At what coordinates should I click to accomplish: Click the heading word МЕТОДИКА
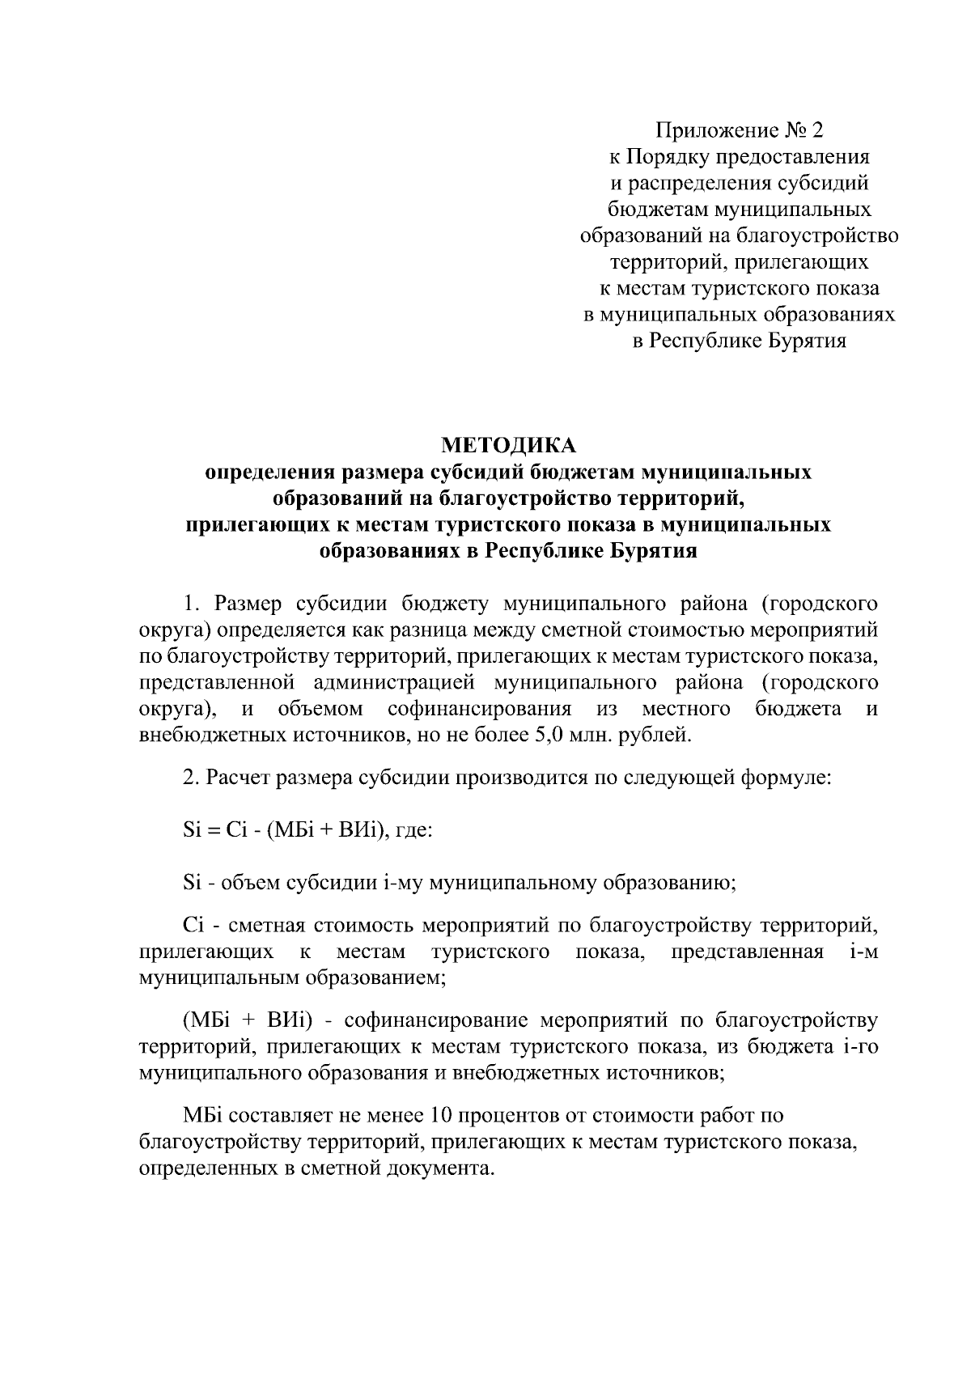508,445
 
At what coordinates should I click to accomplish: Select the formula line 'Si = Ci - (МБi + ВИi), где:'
307,831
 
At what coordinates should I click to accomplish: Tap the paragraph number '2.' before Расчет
191,778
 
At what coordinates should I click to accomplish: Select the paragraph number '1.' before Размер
191,604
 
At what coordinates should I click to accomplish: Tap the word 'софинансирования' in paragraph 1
479,710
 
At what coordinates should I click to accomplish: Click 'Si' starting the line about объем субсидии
192,882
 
